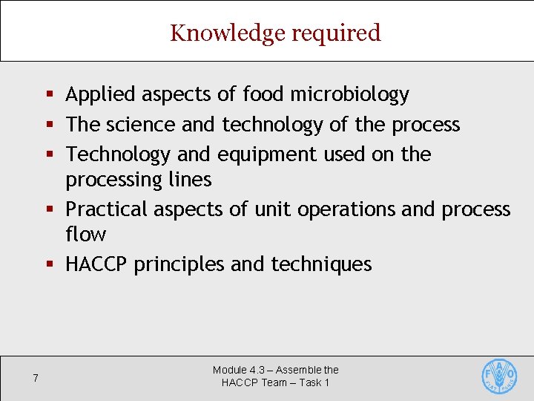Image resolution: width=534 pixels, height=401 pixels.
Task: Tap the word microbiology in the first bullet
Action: (x=349, y=94)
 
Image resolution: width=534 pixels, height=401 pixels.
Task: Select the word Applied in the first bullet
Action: (x=100, y=94)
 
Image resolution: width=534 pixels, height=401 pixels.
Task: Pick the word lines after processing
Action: (x=191, y=180)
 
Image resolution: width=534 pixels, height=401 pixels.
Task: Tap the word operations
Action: (x=346, y=209)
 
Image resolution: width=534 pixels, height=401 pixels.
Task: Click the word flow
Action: (x=85, y=235)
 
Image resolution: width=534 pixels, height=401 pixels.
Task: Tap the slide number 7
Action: (x=36, y=379)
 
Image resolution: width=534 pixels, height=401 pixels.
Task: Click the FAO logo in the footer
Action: (x=499, y=376)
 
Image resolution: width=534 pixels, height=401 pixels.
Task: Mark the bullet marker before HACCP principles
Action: (x=50, y=264)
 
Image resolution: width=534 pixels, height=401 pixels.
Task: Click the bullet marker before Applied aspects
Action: (x=50, y=94)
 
